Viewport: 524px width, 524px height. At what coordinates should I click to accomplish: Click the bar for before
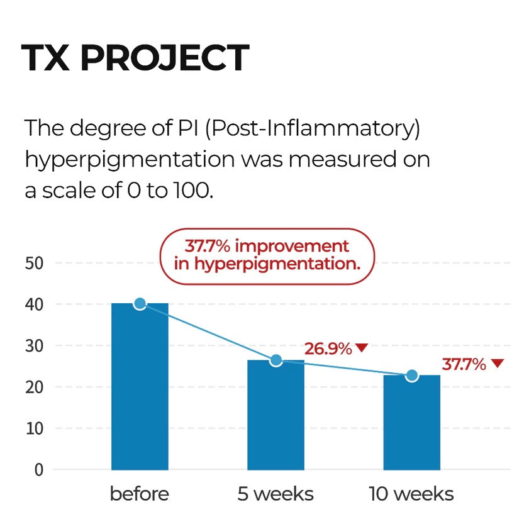pyautogui.click(x=140, y=386)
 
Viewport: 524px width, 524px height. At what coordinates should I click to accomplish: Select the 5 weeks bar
pyautogui.click(x=276, y=415)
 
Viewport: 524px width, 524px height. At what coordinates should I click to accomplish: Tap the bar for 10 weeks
pyautogui.click(x=411, y=423)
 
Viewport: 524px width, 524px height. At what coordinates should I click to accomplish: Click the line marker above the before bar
pyautogui.click(x=140, y=303)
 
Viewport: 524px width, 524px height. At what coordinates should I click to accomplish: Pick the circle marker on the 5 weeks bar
pyautogui.click(x=276, y=360)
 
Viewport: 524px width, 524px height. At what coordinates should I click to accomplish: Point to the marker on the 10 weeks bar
pyautogui.click(x=412, y=376)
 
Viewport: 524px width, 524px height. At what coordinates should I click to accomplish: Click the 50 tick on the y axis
pyautogui.click(x=34, y=264)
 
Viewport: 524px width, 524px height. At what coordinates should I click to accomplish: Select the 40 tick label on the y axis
pyautogui.click(x=34, y=304)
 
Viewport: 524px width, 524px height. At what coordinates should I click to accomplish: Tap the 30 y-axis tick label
pyautogui.click(x=34, y=346)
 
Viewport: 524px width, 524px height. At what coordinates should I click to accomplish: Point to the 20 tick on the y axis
pyautogui.click(x=34, y=387)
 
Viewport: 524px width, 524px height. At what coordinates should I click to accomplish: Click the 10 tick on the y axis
pyautogui.click(x=35, y=428)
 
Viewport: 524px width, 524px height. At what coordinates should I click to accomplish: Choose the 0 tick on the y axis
pyautogui.click(x=39, y=470)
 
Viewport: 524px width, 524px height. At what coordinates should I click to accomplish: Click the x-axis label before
pyautogui.click(x=140, y=494)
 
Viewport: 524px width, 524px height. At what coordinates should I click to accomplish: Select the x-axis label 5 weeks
pyautogui.click(x=276, y=494)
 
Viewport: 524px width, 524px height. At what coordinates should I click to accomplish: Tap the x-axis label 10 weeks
pyautogui.click(x=411, y=494)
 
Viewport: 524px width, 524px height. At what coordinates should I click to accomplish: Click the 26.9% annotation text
pyautogui.click(x=328, y=348)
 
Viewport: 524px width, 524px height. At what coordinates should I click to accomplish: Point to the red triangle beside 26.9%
pyautogui.click(x=362, y=347)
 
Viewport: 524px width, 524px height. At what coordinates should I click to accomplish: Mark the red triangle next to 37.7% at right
pyautogui.click(x=498, y=363)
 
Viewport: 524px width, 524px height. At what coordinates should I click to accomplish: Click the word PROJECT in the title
pyautogui.click(x=165, y=58)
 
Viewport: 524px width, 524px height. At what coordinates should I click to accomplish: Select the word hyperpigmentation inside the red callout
pyautogui.click(x=277, y=264)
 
